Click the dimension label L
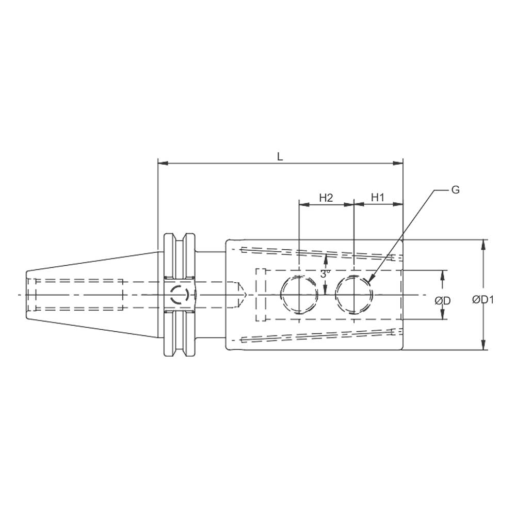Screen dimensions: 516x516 coord(280,157)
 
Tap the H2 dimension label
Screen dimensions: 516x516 coord(326,198)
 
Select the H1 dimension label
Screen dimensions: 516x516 coord(378,198)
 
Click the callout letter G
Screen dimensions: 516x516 coord(455,190)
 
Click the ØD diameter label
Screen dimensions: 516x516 coord(443,301)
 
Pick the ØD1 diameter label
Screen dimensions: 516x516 coord(483,300)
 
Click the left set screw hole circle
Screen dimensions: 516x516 coord(299,295)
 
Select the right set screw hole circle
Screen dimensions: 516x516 coord(353,295)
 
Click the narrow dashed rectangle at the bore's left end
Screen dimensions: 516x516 coord(261,295)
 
